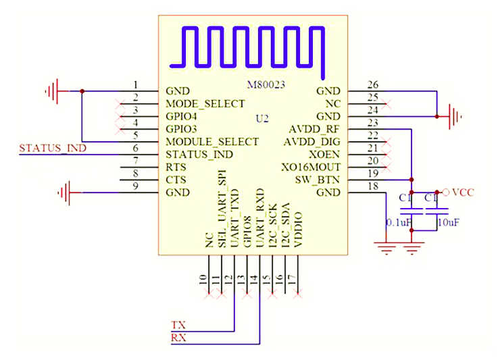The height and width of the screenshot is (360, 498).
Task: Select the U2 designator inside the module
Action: [262, 118]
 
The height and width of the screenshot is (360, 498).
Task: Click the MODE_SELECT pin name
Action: [205, 104]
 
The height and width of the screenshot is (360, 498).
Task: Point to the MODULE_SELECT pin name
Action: [211, 142]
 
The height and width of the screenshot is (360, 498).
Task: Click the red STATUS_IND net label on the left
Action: [53, 148]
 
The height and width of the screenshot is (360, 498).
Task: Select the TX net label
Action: [178, 324]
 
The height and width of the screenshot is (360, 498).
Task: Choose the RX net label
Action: [178, 337]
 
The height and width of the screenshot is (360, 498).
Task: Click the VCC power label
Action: [463, 192]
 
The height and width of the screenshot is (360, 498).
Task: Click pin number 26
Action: [372, 85]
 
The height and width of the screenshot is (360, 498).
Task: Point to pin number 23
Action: [372, 123]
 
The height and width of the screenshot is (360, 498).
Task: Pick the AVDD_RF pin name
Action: [314, 129]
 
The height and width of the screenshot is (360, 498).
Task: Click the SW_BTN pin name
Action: [318, 180]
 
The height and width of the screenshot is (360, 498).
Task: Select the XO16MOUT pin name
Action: [310, 167]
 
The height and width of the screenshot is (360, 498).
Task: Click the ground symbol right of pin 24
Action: [455, 117]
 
